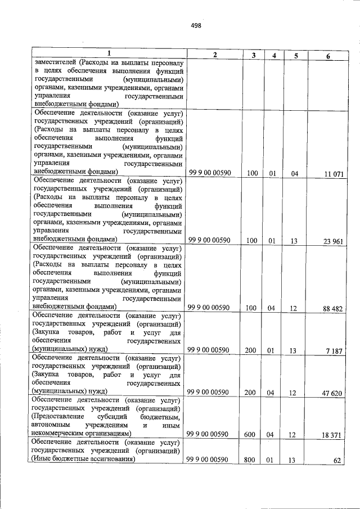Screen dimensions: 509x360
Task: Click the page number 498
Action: pyautogui.click(x=196, y=26)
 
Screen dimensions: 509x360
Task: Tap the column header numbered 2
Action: pyautogui.click(x=215, y=55)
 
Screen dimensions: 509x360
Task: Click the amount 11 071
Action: pyautogui.click(x=332, y=174)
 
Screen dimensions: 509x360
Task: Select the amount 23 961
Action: pyautogui.click(x=332, y=242)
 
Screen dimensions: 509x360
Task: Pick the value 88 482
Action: pyautogui.click(x=332, y=309)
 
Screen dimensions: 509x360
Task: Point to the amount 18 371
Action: pyautogui.click(x=332, y=435)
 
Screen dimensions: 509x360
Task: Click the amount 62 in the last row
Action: pyautogui.click(x=337, y=461)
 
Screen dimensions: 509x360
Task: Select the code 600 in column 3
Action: pyautogui.click(x=250, y=435)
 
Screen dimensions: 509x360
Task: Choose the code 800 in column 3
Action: pyautogui.click(x=250, y=460)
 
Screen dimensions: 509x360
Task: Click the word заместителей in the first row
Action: pyautogui.click(x=55, y=62)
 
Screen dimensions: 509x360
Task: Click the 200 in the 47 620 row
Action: pyautogui.click(x=250, y=393)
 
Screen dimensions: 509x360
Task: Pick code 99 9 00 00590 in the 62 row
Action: pyautogui.click(x=209, y=460)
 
